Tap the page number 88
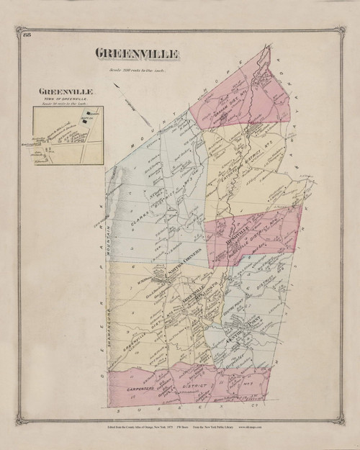pyautogui.click(x=27, y=36)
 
